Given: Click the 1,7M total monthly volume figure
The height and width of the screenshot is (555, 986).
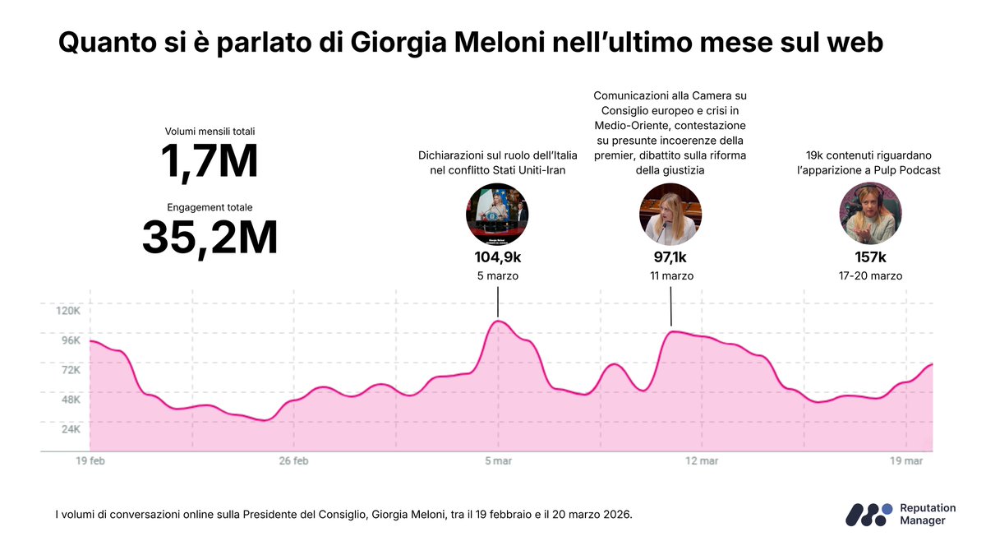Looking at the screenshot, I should pyautogui.click(x=210, y=161).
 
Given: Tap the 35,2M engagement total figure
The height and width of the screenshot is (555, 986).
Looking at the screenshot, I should pyautogui.click(x=210, y=237).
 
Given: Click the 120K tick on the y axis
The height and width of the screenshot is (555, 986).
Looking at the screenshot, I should pyautogui.click(x=67, y=311).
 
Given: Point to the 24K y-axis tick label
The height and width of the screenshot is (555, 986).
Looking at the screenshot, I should pyautogui.click(x=68, y=429).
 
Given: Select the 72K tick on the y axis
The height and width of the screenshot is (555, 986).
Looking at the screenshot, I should pyautogui.click(x=68, y=370).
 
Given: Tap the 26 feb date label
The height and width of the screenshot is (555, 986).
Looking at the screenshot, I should pyautogui.click(x=293, y=461).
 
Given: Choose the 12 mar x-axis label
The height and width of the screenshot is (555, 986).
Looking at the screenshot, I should pyautogui.click(x=702, y=461).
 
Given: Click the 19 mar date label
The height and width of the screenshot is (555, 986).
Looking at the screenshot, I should pyautogui.click(x=906, y=461).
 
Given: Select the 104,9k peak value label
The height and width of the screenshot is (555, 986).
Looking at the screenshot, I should pyautogui.click(x=497, y=257).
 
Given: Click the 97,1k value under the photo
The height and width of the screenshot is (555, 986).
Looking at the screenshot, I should pyautogui.click(x=670, y=257).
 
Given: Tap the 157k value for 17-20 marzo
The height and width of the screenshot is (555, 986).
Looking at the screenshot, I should pyautogui.click(x=870, y=257).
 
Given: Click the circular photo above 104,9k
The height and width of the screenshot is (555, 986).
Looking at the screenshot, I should pyautogui.click(x=497, y=214).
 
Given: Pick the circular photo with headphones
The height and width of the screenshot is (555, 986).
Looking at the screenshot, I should pyautogui.click(x=870, y=214).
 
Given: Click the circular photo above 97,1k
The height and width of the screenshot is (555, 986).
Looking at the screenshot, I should pyautogui.click(x=670, y=214).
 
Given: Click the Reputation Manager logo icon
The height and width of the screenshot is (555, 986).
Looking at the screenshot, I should pyautogui.click(x=869, y=514).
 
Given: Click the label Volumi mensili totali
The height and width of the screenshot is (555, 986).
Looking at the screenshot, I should pyautogui.click(x=210, y=131).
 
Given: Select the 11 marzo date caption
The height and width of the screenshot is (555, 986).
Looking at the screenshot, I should pyautogui.click(x=670, y=276).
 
